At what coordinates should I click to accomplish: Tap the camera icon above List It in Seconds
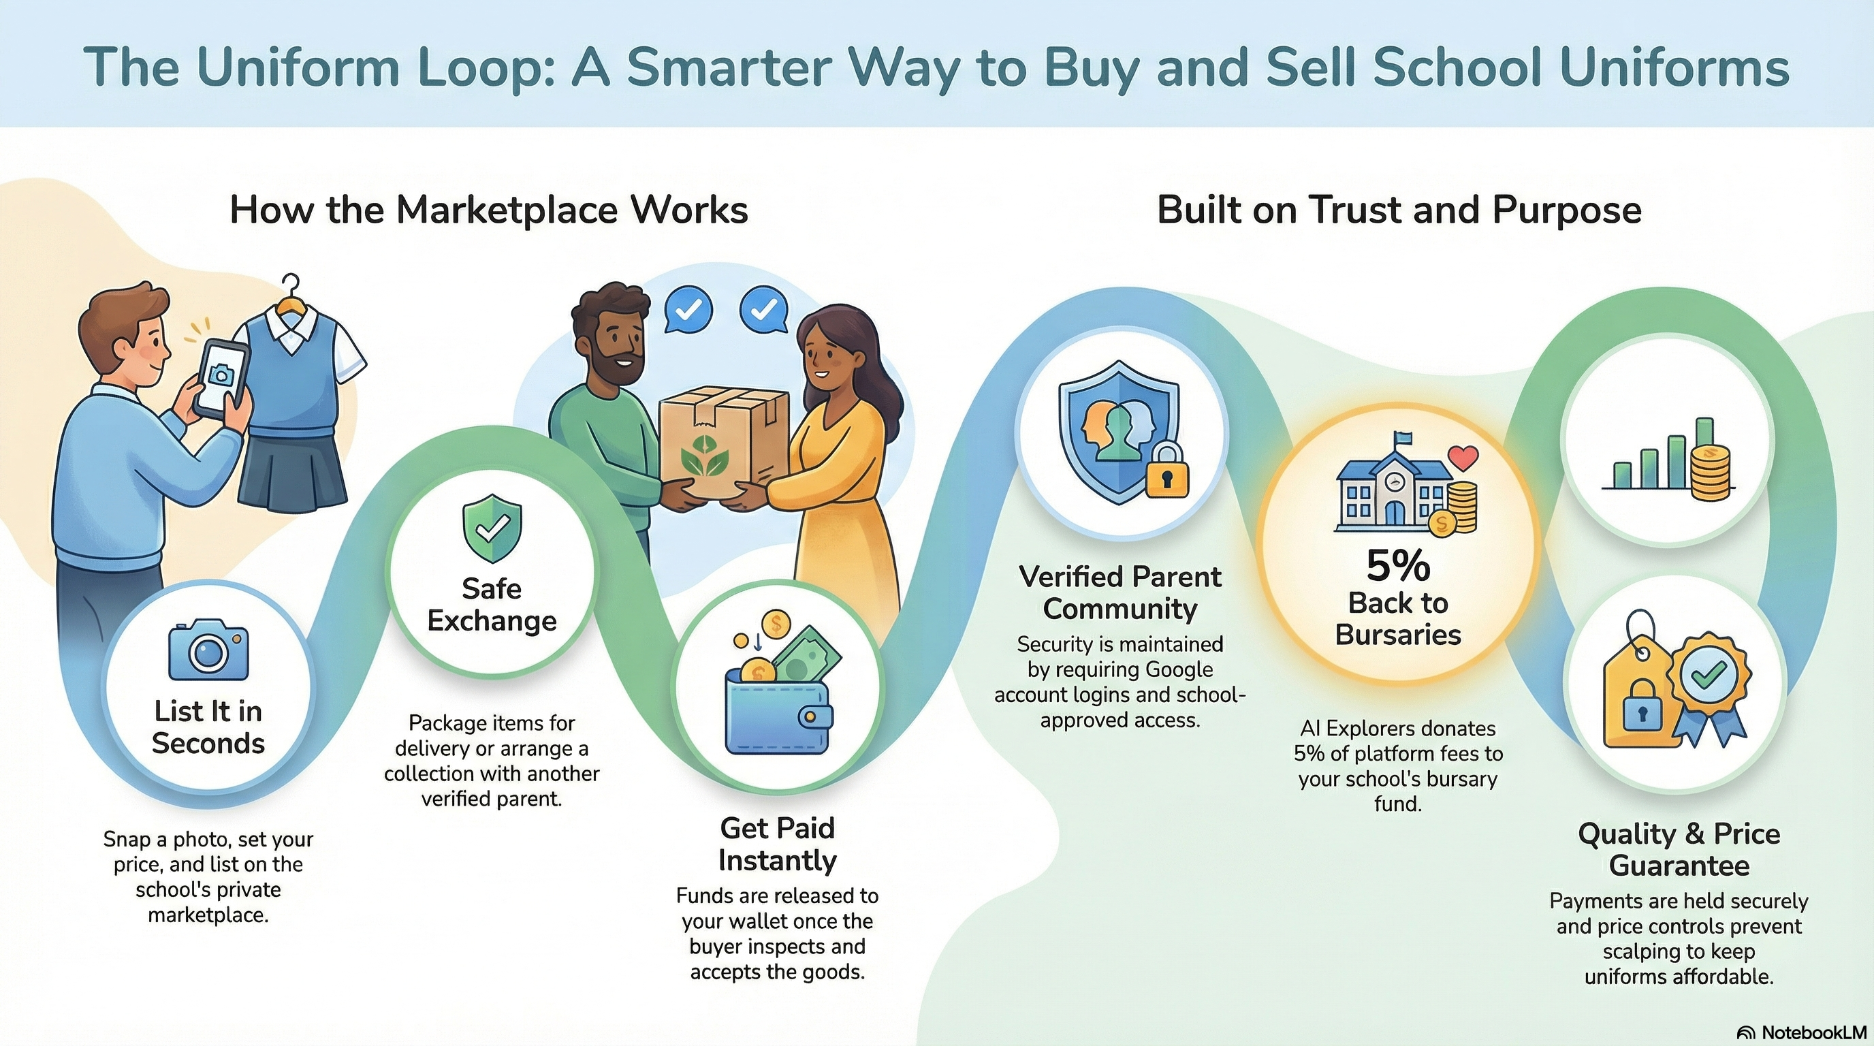pyautogui.click(x=208, y=650)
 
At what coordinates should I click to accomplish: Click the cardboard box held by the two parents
pyautogui.click(x=724, y=436)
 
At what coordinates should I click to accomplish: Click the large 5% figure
pyautogui.click(x=1398, y=566)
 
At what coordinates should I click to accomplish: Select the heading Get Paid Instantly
pyautogui.click(x=777, y=844)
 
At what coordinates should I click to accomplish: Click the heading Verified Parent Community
pyautogui.click(x=1120, y=592)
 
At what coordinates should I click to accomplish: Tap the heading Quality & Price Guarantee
pyautogui.click(x=1679, y=850)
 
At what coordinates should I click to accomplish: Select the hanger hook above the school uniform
pyautogui.click(x=291, y=287)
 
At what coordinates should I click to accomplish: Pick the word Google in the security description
pyautogui.click(x=1179, y=669)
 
